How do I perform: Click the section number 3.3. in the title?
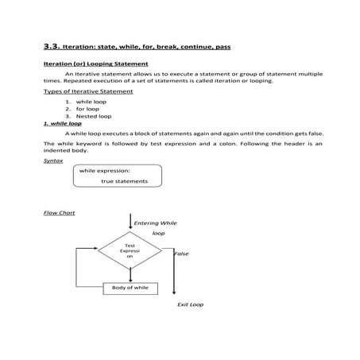pyautogui.click(x=53, y=46)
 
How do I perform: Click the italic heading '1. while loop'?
pyautogui.click(x=62, y=124)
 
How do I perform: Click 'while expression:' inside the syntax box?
pyautogui.click(x=105, y=171)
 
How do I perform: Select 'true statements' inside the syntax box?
pyautogui.click(x=124, y=181)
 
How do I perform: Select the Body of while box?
pyautogui.click(x=130, y=287)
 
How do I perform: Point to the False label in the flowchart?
pyautogui.click(x=181, y=254)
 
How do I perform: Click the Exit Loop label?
pyautogui.click(x=190, y=304)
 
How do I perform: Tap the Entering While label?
pyautogui.click(x=156, y=223)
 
